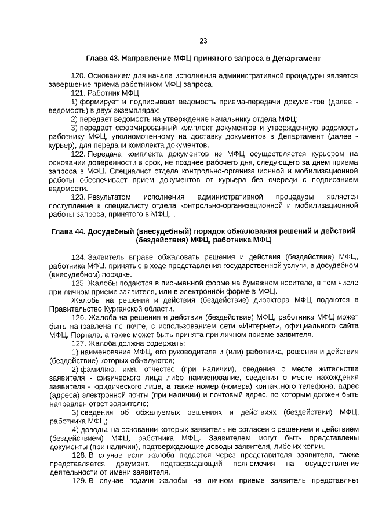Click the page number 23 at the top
coord(203,41)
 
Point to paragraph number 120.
coord(78,75)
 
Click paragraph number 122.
coord(78,155)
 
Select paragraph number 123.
coord(78,197)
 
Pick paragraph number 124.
coord(78,256)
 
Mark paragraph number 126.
coord(78,317)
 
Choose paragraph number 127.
coord(78,343)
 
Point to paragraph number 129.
coord(78,481)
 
